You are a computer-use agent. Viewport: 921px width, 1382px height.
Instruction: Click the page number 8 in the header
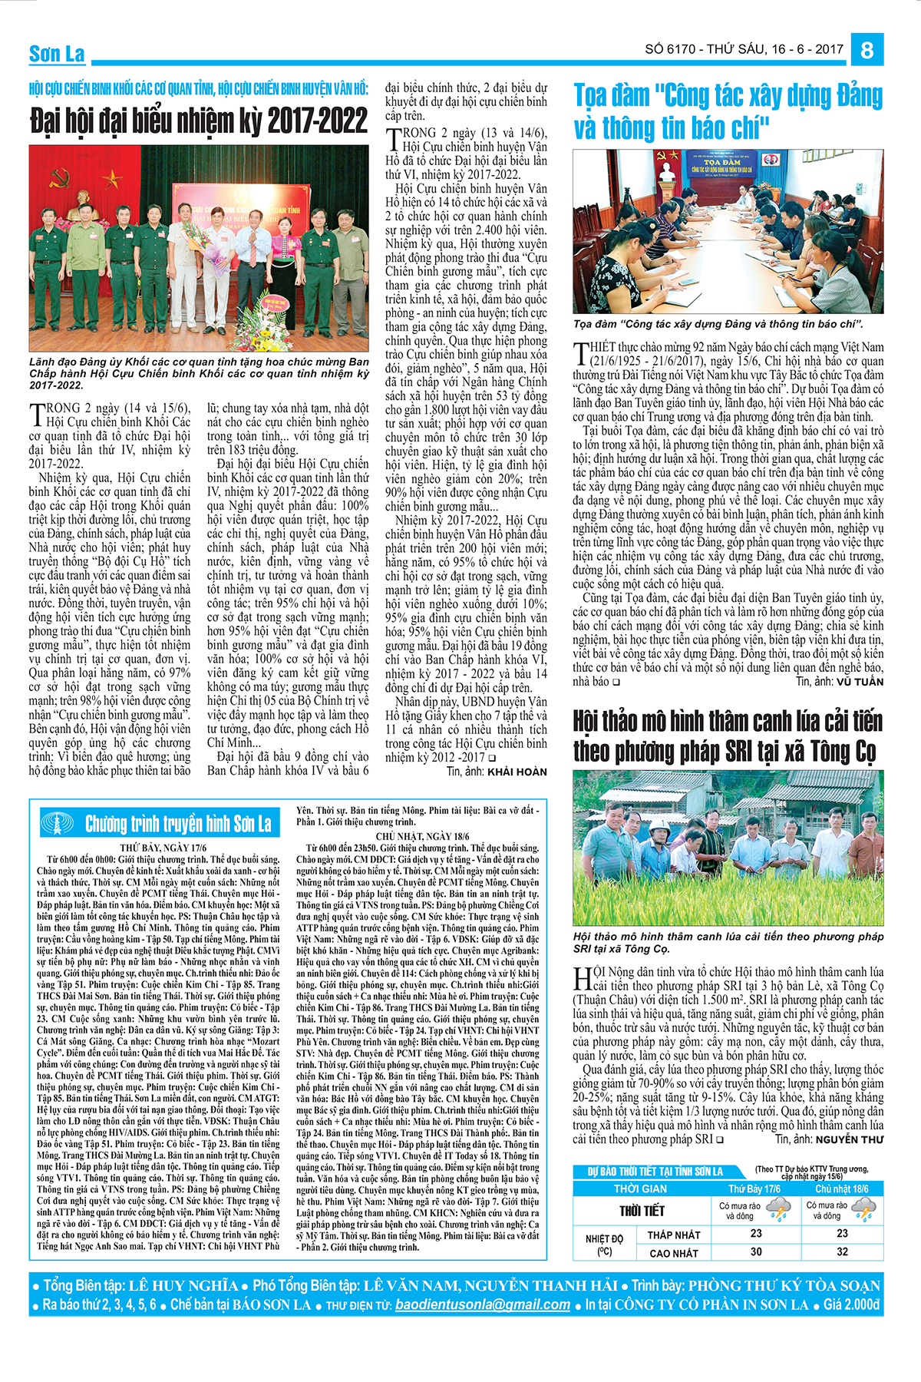click(x=867, y=50)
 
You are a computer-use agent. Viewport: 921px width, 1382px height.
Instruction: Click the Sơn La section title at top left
click(x=57, y=54)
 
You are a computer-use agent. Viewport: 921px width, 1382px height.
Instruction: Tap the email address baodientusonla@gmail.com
click(x=483, y=1304)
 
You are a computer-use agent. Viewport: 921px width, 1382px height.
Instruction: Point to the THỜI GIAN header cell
click(x=640, y=1189)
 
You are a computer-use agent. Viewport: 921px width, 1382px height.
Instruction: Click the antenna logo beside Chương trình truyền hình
click(x=60, y=824)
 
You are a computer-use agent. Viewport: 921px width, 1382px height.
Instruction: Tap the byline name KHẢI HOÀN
click(x=517, y=772)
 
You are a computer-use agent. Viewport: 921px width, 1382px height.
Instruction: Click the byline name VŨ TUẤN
click(x=860, y=681)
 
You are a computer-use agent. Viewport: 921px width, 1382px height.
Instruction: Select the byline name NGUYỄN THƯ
click(x=849, y=1140)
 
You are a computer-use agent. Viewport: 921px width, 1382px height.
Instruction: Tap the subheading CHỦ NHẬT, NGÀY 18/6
click(x=422, y=836)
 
